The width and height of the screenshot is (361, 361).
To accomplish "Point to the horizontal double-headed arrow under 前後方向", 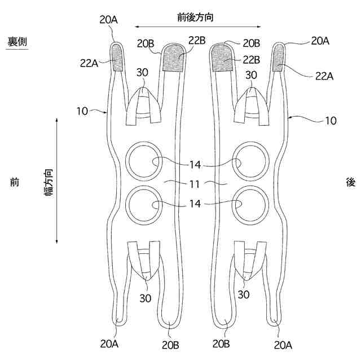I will [x=199, y=27].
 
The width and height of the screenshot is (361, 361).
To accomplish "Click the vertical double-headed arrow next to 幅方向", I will [x=57, y=180].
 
